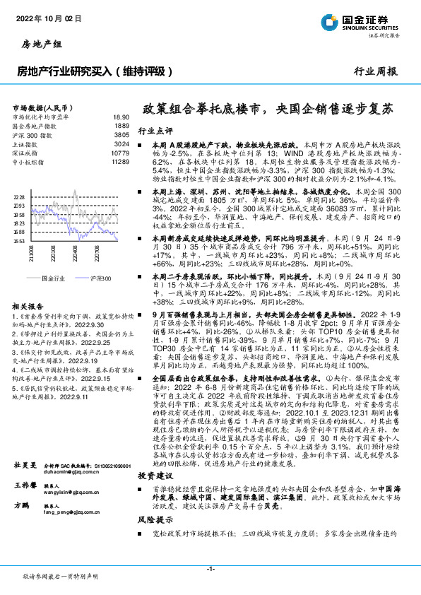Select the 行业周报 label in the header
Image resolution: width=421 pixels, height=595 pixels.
375,71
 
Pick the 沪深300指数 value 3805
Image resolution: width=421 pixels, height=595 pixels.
121,134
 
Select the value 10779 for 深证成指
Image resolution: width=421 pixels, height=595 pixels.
120,152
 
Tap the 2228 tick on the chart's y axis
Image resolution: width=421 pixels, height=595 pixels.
19,196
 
